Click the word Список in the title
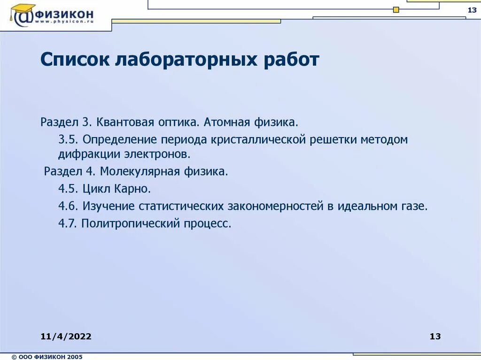click(x=75, y=61)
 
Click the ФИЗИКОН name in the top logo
click(x=66, y=14)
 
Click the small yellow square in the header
click(x=396, y=9)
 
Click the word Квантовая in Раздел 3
click(x=126, y=123)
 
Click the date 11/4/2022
click(x=66, y=336)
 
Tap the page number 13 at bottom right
click(x=435, y=336)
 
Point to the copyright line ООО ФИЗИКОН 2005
click(x=47, y=357)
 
